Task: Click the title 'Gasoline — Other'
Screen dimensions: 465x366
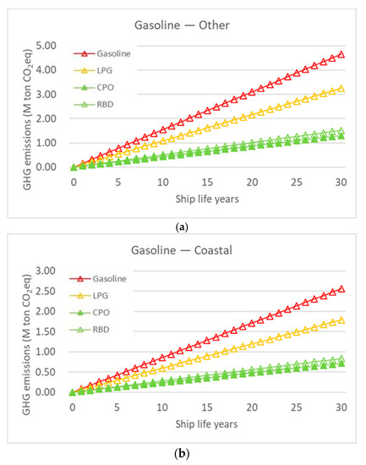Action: [x=183, y=25]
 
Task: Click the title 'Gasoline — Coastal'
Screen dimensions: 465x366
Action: [x=183, y=250]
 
